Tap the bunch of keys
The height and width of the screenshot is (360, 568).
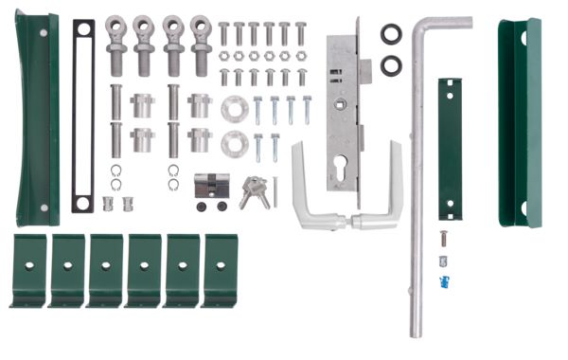pyautogui.click(x=253, y=192)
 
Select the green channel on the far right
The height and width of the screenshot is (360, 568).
pyautogui.click(x=519, y=123)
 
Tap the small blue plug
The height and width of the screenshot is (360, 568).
pyautogui.click(x=442, y=281)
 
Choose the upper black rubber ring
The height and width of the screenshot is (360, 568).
pyautogui.click(x=391, y=34)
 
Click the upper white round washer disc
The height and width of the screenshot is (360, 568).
pyautogui.click(x=233, y=109)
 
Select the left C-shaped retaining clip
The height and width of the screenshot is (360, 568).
pyautogui.click(x=115, y=171)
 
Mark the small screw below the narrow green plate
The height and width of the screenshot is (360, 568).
pyautogui.click(x=441, y=234)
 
